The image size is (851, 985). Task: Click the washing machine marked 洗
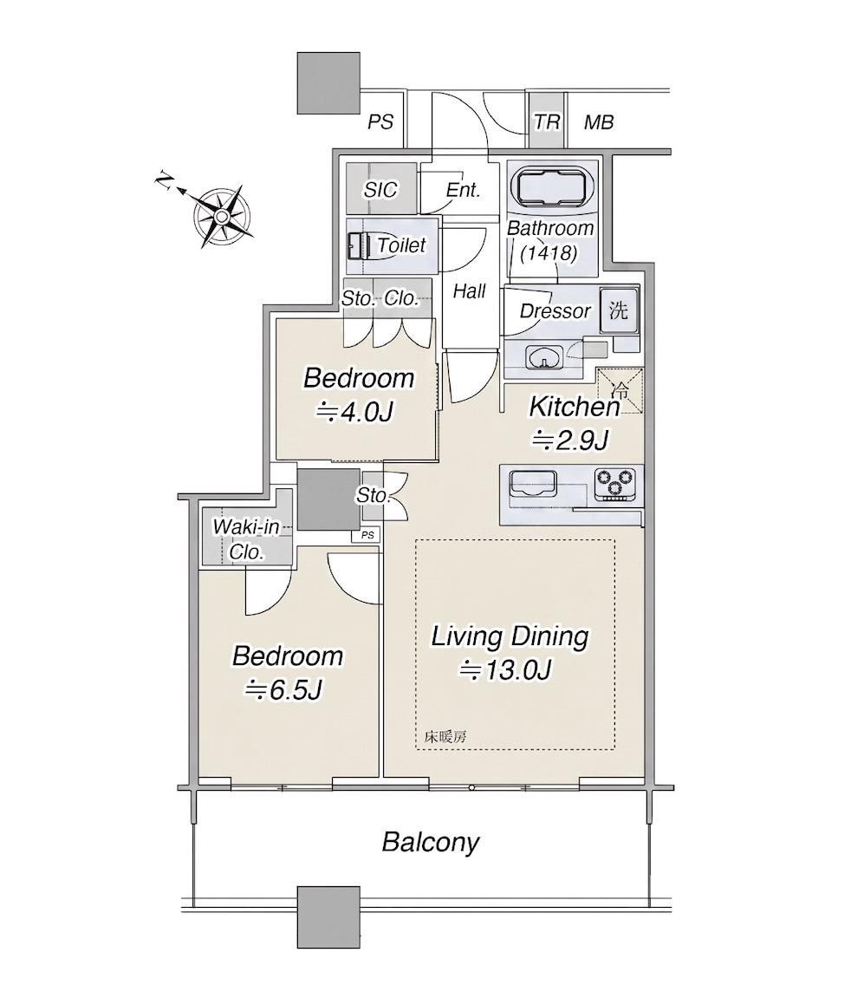coord(619,310)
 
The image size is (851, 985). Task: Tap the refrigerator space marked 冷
coord(620,390)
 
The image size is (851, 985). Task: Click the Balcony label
coord(431,843)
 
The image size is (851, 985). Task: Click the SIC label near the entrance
coord(380,189)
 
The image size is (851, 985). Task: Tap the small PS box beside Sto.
coord(367,535)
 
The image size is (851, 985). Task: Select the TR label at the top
coord(547,121)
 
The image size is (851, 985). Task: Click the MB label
coord(599,122)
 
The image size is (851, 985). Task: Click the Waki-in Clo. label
coord(245,539)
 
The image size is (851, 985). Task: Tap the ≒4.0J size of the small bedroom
coord(355,412)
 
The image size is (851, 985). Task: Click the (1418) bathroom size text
coord(549,252)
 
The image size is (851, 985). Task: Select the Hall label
coord(469,290)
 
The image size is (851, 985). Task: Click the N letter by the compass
coord(164,180)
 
